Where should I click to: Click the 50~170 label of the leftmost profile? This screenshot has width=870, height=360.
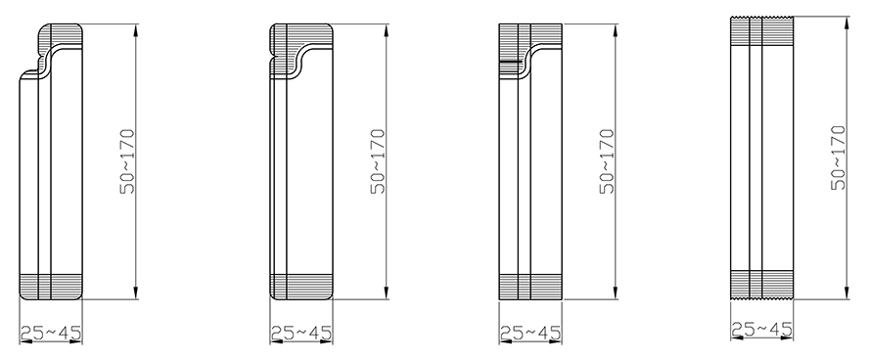tap(127, 161)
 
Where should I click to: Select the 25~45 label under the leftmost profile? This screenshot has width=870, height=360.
tap(51, 333)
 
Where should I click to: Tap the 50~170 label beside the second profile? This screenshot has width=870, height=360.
tap(378, 161)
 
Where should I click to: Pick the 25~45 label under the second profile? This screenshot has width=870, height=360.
tap(301, 333)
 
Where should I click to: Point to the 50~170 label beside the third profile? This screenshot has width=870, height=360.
tap(608, 161)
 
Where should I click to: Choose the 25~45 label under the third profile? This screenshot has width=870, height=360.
tap(530, 333)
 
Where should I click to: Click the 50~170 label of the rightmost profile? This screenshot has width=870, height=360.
tap(839, 158)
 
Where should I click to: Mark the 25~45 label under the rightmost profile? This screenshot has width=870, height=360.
tap(761, 330)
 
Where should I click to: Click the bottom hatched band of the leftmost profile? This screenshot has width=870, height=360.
tap(51, 287)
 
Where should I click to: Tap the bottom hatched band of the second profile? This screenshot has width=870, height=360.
tap(301, 287)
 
